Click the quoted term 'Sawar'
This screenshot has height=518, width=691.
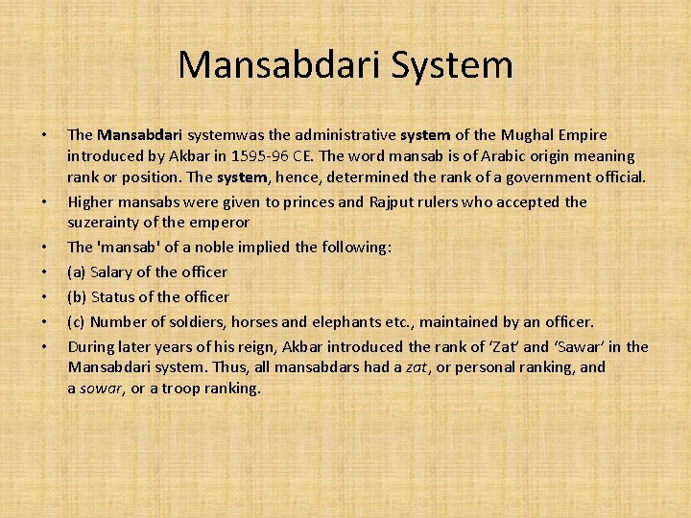(x=592, y=346)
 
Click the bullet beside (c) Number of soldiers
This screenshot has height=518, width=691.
(x=46, y=321)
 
